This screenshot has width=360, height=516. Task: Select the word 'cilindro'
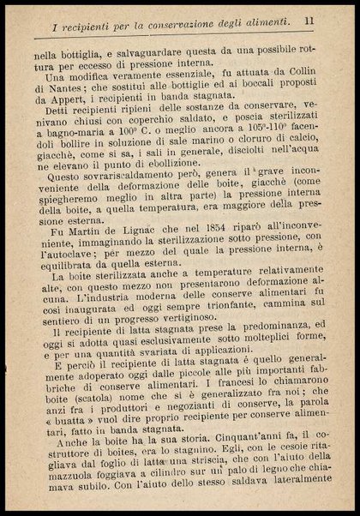[x=163, y=500]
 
